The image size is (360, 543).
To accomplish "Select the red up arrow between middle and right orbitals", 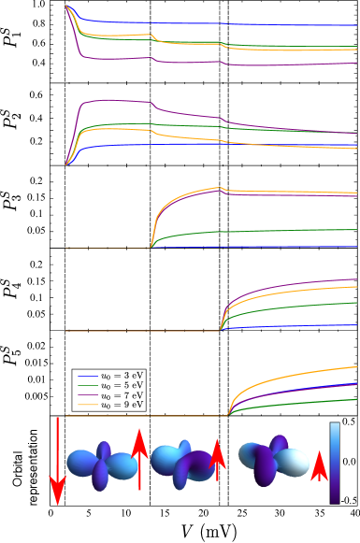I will pos(217,459).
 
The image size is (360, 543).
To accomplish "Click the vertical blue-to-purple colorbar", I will pos(335,464).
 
